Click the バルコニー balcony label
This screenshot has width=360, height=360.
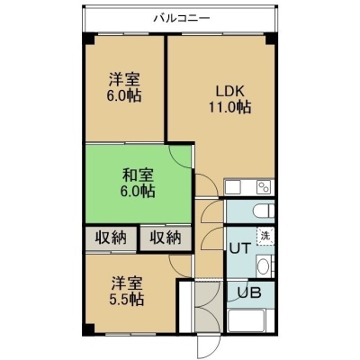(x=182, y=18)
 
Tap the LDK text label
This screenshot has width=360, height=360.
(x=230, y=91)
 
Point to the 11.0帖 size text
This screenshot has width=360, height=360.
(x=229, y=107)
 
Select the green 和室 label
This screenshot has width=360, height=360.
(x=138, y=175)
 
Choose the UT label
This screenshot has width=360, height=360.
(x=239, y=248)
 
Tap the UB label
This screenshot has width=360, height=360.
(x=249, y=292)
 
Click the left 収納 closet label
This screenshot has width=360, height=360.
(x=112, y=238)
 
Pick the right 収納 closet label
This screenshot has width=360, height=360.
(x=166, y=238)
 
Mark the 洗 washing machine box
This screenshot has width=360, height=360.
(x=265, y=236)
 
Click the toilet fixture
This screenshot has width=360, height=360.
(x=264, y=211)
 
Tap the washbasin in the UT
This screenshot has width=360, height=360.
(x=264, y=266)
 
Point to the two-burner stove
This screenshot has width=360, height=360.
(x=264, y=187)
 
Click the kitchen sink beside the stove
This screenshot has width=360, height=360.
(x=232, y=188)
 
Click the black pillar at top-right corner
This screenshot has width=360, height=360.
(x=270, y=38)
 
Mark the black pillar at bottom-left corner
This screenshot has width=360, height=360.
(x=88, y=329)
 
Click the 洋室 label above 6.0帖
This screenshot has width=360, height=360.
(x=124, y=79)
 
